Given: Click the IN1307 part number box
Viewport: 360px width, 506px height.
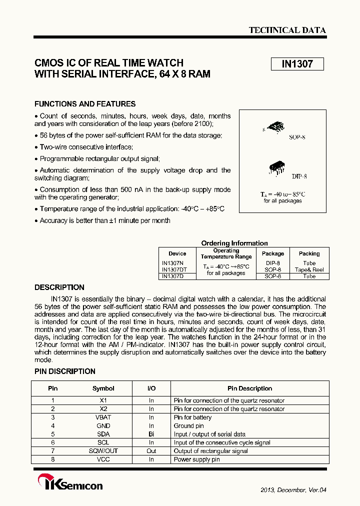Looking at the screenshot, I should [297, 64].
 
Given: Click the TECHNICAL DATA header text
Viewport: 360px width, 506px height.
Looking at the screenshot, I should [287, 30].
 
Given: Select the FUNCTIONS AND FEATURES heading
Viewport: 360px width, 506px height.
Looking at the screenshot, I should [85, 104].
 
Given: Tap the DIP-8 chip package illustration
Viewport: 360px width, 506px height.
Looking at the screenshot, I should [277, 167].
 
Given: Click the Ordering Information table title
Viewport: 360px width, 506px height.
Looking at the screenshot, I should [234, 243].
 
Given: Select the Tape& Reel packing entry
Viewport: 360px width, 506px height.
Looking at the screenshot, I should [309, 269].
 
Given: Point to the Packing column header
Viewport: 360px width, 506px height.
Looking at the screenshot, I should [309, 253].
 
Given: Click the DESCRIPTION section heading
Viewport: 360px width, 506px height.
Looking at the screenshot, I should [59, 287].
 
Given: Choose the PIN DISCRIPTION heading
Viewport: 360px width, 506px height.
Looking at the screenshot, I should [64, 371].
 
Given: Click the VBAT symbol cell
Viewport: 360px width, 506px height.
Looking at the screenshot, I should [103, 417].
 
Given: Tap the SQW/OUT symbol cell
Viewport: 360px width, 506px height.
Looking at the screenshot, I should [103, 451].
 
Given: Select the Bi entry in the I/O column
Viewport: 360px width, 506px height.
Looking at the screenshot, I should [151, 434].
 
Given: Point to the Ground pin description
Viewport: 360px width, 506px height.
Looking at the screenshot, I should [188, 426].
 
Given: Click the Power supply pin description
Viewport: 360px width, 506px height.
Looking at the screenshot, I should [196, 459].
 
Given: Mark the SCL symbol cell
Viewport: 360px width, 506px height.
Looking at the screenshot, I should [103, 442].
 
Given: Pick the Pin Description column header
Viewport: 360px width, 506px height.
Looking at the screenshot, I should [249, 388].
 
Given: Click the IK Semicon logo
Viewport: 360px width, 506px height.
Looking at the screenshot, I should [70, 484].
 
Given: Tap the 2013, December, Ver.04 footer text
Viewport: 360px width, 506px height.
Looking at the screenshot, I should [293, 490].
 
